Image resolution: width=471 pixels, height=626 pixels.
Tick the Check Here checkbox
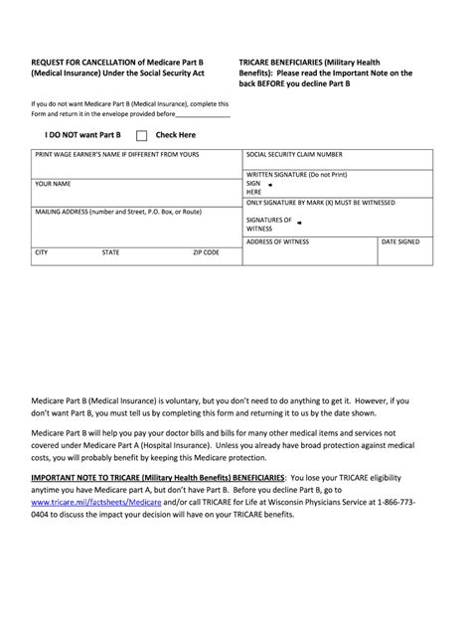click(141, 135)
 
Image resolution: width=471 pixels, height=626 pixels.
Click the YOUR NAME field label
click(53, 184)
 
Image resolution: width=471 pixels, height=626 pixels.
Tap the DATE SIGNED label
click(400, 241)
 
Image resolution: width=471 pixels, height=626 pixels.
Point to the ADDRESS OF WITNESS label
click(277, 241)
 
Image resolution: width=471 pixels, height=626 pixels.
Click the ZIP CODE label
click(206, 252)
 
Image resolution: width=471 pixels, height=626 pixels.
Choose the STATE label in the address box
click(110, 252)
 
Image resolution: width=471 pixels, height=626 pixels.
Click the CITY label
click(41, 252)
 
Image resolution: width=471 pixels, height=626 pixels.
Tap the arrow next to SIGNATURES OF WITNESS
click(301, 220)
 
